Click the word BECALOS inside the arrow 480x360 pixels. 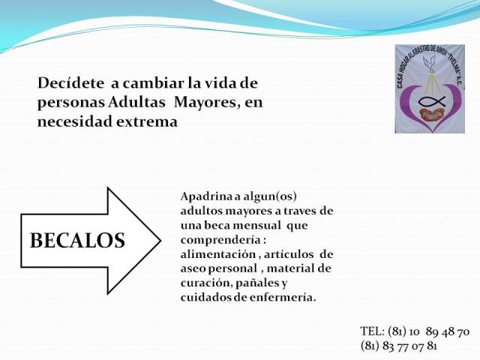pos(77,240)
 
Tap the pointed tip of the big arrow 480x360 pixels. pos(160,241)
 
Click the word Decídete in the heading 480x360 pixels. pos(70,83)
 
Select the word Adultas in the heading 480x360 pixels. pos(136,102)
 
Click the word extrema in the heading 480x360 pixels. pos(147,121)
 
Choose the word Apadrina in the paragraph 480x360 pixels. pos(207,196)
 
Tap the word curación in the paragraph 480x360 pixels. pos(207,283)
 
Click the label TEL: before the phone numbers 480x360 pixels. pos(372,331)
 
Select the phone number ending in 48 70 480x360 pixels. pos(428,331)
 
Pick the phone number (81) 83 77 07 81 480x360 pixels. pos(398,346)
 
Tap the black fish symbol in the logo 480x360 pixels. pos(432,101)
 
